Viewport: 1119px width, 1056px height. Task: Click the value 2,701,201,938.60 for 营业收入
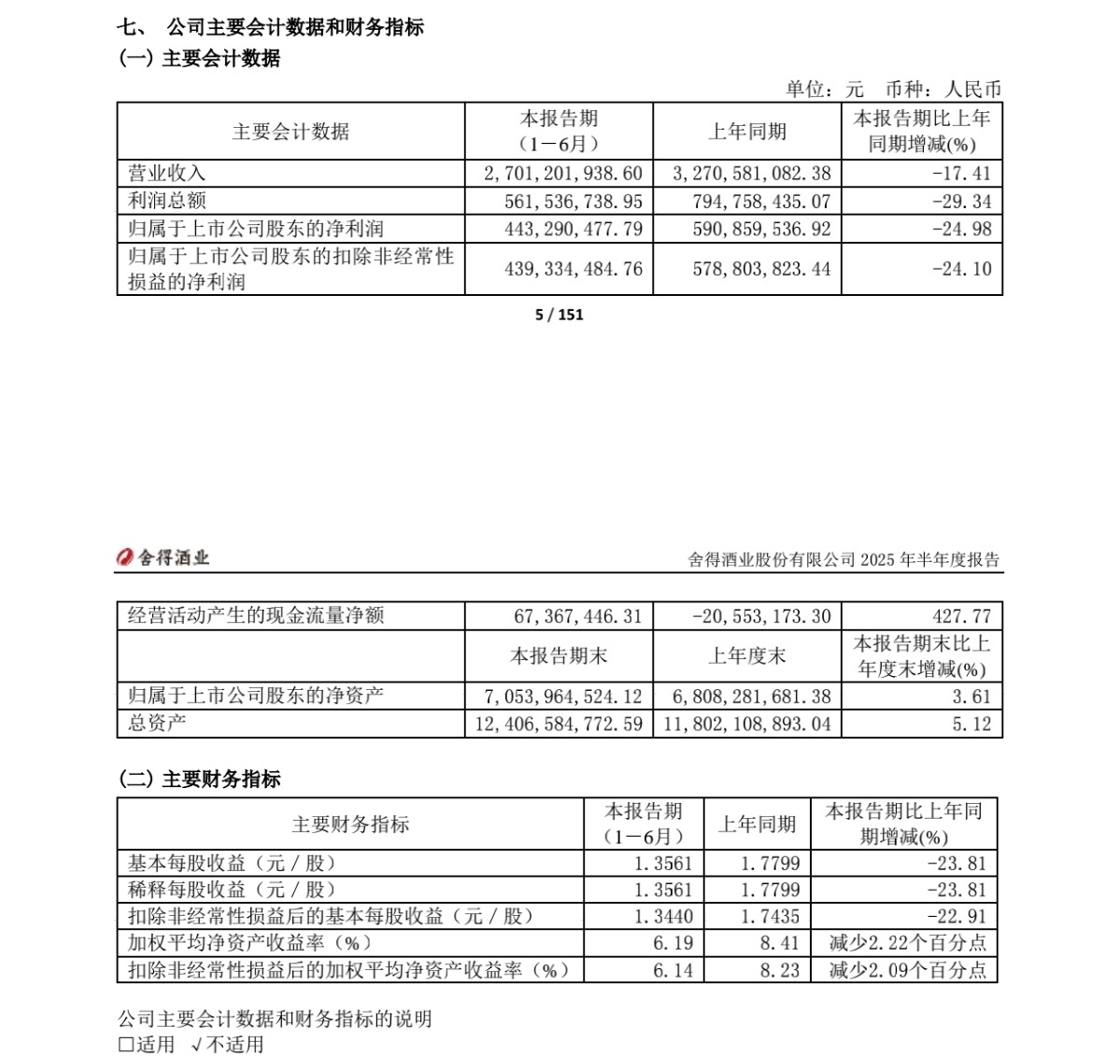tap(563, 174)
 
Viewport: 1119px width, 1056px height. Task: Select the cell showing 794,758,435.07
tap(752, 202)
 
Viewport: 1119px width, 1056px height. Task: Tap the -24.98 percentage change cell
tap(962, 229)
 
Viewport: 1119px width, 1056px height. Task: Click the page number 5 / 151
tap(559, 315)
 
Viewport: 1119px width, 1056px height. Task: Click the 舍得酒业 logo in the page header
tap(163, 558)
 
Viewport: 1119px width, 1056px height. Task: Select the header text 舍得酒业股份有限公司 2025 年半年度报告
tap(843, 560)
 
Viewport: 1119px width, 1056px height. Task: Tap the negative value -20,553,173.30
tap(761, 616)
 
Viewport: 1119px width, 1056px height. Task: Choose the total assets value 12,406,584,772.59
tap(559, 724)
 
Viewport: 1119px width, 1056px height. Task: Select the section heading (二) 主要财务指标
tap(200, 779)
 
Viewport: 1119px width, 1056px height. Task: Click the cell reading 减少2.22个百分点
tap(907, 943)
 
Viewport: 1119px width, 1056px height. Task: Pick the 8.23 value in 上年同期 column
tap(779, 970)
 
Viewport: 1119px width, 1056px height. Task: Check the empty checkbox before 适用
tap(126, 1045)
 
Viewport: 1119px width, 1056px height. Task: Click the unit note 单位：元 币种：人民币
tap(892, 90)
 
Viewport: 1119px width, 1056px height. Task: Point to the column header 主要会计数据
tap(290, 132)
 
